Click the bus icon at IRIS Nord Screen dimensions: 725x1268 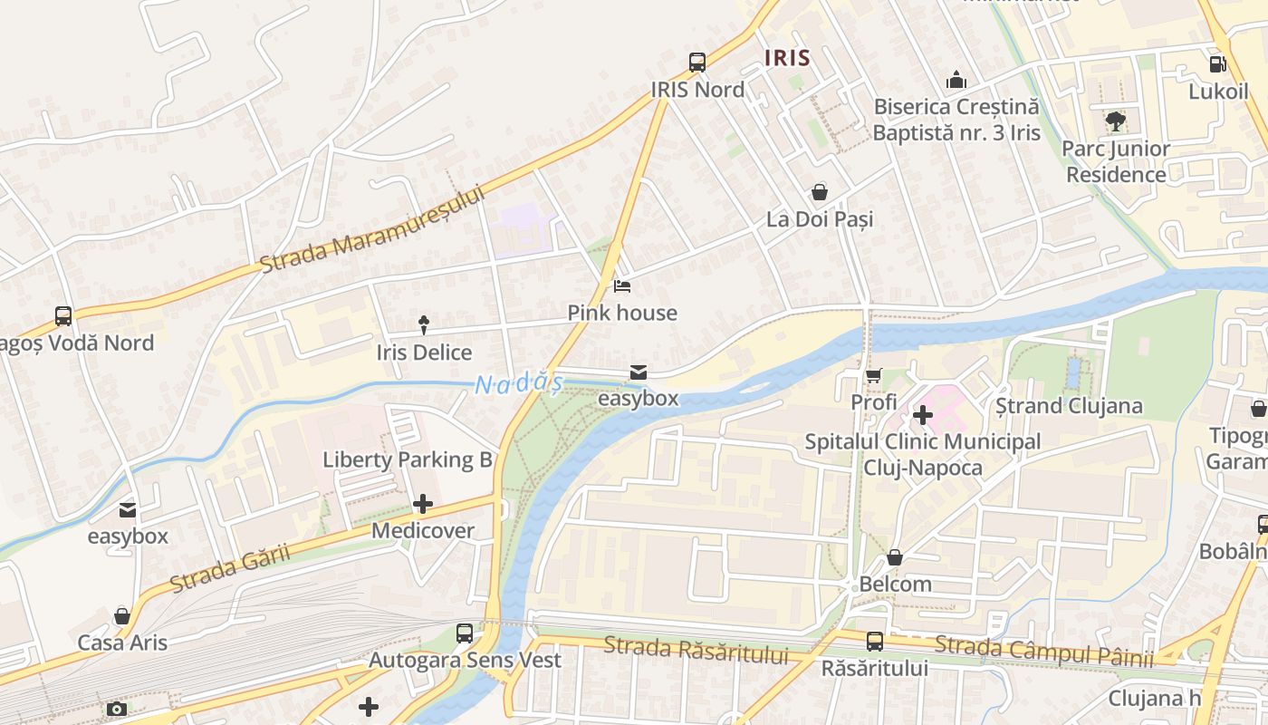pos(696,62)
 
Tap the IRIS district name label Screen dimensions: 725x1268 pos(787,58)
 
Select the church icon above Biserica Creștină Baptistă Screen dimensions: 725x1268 pos(956,80)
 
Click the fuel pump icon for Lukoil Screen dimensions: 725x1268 pos(1218,64)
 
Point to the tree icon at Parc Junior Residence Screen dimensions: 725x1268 pos(1115,121)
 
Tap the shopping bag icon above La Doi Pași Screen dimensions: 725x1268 pos(819,192)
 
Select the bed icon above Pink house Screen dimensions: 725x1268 pos(622,286)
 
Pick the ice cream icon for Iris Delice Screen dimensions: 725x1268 pos(424,324)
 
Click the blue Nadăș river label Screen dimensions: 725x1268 pos(517,384)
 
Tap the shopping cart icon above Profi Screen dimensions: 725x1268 pos(873,375)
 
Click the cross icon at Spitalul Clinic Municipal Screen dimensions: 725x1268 pos(922,415)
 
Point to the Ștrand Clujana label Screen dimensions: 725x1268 pos(1069,405)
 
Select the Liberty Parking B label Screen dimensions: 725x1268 pos(408,459)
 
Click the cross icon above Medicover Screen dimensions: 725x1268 pos(422,504)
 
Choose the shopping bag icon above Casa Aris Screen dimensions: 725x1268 pos(122,616)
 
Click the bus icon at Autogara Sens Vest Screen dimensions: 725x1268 pos(465,633)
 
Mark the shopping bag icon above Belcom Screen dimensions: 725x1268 pos(895,557)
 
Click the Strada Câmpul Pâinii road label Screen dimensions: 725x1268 pos(1043,651)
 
